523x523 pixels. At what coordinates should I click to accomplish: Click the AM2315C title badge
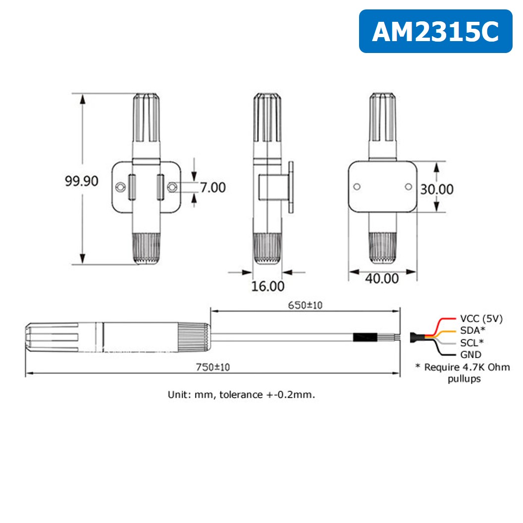pyautogui.click(x=435, y=32)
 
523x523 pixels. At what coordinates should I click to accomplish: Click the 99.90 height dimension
pyautogui.click(x=82, y=181)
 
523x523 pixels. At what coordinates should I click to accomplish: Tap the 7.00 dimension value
pyautogui.click(x=212, y=187)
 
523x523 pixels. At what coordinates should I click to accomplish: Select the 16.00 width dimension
pyautogui.click(x=268, y=286)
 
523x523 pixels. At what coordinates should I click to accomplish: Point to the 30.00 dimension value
pyautogui.click(x=436, y=189)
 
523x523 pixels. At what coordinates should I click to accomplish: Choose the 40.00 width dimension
pyautogui.click(x=382, y=278)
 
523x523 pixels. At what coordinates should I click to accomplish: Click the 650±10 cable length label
pyautogui.click(x=305, y=305)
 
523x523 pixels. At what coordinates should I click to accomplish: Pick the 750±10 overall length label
pyautogui.click(x=213, y=367)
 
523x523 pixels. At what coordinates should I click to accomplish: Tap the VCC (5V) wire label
pyautogui.click(x=481, y=319)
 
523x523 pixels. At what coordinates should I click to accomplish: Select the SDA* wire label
pyautogui.click(x=472, y=330)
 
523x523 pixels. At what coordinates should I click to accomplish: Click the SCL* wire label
pyautogui.click(x=471, y=342)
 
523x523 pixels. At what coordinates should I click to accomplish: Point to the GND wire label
pyautogui.click(x=471, y=354)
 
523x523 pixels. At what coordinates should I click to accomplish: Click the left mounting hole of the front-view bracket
pyautogui.click(x=120, y=187)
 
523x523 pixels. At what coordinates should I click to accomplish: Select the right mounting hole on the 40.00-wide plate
pyautogui.click(x=408, y=186)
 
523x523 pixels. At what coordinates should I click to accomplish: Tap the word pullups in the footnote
pyautogui.click(x=464, y=379)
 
